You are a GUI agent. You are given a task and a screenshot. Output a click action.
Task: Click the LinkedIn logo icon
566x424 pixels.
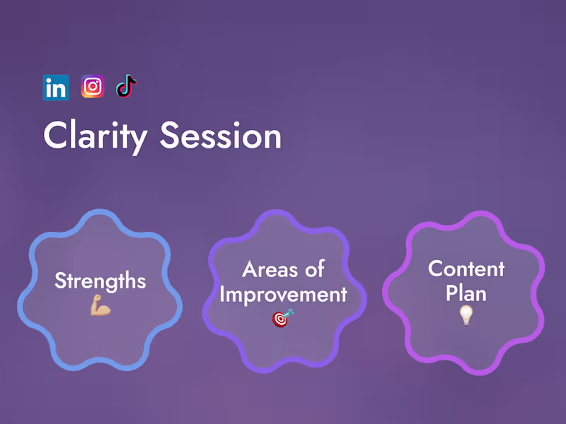click(56, 88)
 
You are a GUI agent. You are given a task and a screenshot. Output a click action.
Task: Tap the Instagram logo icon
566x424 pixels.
click(92, 86)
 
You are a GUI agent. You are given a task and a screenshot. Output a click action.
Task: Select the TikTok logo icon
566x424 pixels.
click(126, 86)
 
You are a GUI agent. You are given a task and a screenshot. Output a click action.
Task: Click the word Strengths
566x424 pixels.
click(100, 281)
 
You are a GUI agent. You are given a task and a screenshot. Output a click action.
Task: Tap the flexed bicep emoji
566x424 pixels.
click(100, 307)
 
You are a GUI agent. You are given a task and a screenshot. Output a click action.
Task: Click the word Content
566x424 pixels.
click(466, 269)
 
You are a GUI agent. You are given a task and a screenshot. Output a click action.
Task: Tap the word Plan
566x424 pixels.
click(466, 292)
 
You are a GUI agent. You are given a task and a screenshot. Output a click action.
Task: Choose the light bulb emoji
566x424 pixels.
click(466, 316)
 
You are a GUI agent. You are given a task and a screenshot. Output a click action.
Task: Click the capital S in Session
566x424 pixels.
click(170, 135)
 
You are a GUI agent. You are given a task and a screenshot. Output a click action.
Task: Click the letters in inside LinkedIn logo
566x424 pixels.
click(56, 89)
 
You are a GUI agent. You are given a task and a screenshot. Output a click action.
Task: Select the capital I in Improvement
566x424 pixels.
click(222, 294)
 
